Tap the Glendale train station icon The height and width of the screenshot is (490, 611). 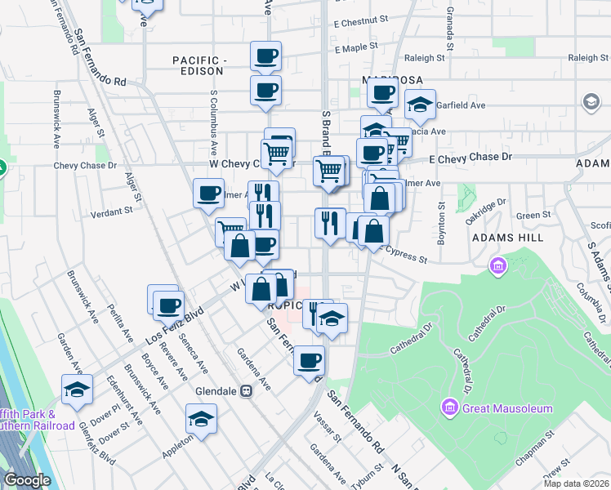[x=245, y=391]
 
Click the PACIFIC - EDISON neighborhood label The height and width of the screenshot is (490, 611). [x=198, y=65]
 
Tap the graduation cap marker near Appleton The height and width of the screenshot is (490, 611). [x=201, y=420]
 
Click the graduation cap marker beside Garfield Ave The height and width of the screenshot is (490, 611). [x=421, y=105]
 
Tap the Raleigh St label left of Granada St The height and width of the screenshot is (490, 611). [x=425, y=59]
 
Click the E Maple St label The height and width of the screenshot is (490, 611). [x=362, y=49]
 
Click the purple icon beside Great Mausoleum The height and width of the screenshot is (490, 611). [x=448, y=407]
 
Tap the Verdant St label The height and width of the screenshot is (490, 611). [x=112, y=212]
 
